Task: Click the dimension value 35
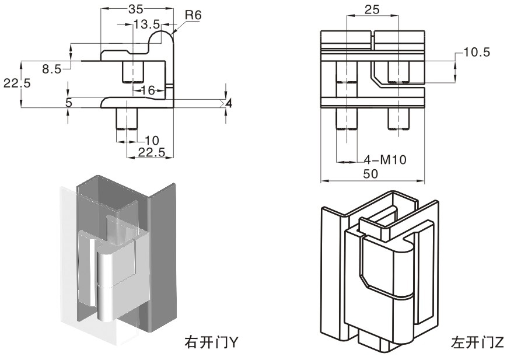(135, 9)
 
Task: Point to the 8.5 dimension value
(51, 69)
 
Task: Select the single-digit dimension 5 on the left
(69, 102)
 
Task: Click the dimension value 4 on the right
(229, 103)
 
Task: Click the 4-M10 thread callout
(384, 159)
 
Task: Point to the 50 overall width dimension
(371, 173)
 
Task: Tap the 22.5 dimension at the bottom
(152, 152)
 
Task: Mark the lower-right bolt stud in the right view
(399, 120)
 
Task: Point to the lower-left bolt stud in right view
(346, 120)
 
